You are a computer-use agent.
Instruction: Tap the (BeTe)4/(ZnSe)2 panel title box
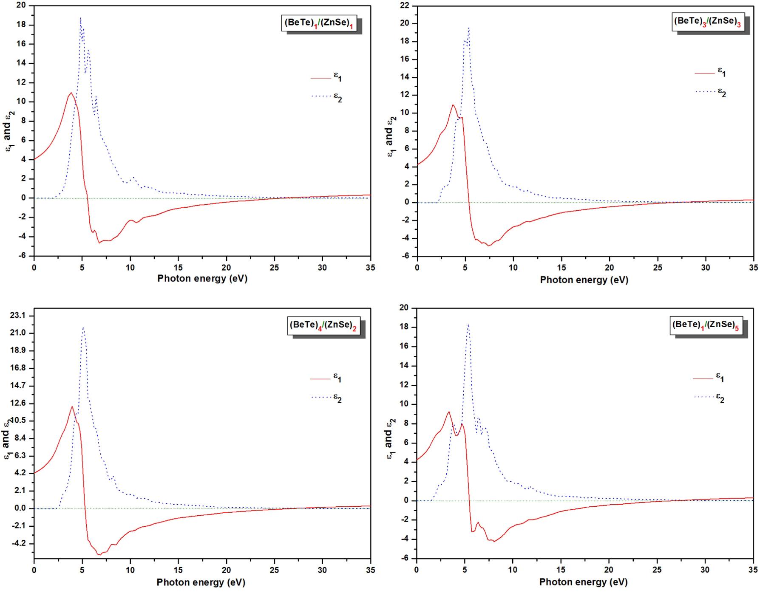pyautogui.click(x=322, y=325)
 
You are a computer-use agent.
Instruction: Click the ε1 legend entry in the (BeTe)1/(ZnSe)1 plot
pyautogui.click(x=326, y=77)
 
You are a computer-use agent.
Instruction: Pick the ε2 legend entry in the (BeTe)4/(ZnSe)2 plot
pyautogui.click(x=326, y=398)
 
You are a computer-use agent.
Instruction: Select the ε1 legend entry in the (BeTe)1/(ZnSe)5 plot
pyautogui.click(x=708, y=377)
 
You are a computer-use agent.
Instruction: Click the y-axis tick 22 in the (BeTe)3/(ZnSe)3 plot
pyautogui.click(x=404, y=6)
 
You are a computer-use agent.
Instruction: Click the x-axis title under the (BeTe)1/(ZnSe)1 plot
pyautogui.click(x=202, y=279)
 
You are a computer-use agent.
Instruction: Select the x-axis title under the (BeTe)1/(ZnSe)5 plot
pyautogui.click(x=583, y=582)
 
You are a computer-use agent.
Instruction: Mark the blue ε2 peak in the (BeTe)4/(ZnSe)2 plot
pyautogui.click(x=83, y=328)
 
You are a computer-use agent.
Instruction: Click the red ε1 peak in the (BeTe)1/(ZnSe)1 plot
pyautogui.click(x=71, y=93)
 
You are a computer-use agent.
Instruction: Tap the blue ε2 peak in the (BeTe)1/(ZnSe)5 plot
pyautogui.click(x=468, y=325)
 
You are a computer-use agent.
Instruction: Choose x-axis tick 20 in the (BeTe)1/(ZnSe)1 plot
pyautogui.click(x=227, y=267)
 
